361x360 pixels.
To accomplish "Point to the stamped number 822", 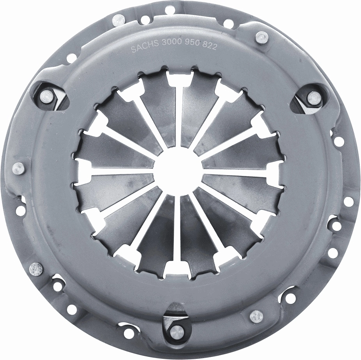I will (209, 46).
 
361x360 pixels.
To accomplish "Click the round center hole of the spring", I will (179, 172).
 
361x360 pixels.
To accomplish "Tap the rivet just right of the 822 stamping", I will (262, 38).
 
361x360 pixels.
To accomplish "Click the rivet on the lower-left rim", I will (35, 269).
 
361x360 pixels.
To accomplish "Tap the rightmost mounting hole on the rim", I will (349, 201).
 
